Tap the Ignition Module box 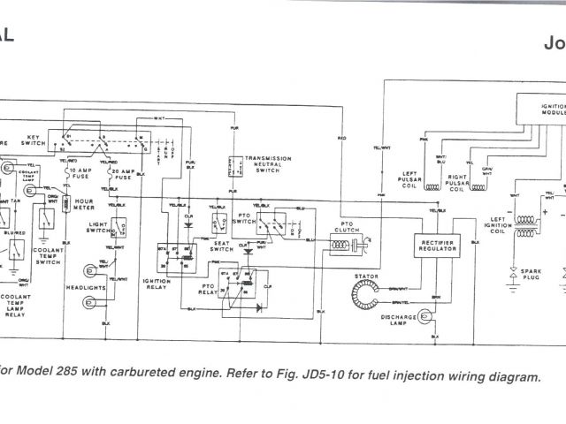click(541, 111)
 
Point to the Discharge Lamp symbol click(424, 314)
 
